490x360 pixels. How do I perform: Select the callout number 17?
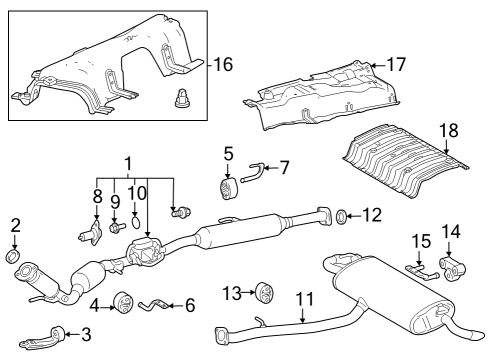click(x=397, y=65)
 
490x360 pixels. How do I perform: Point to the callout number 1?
click(x=128, y=164)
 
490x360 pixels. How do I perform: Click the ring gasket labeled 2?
click(x=14, y=257)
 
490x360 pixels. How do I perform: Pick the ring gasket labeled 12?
click(x=342, y=215)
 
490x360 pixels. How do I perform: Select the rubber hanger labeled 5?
click(x=227, y=190)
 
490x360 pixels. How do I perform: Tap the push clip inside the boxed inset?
click(x=183, y=99)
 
